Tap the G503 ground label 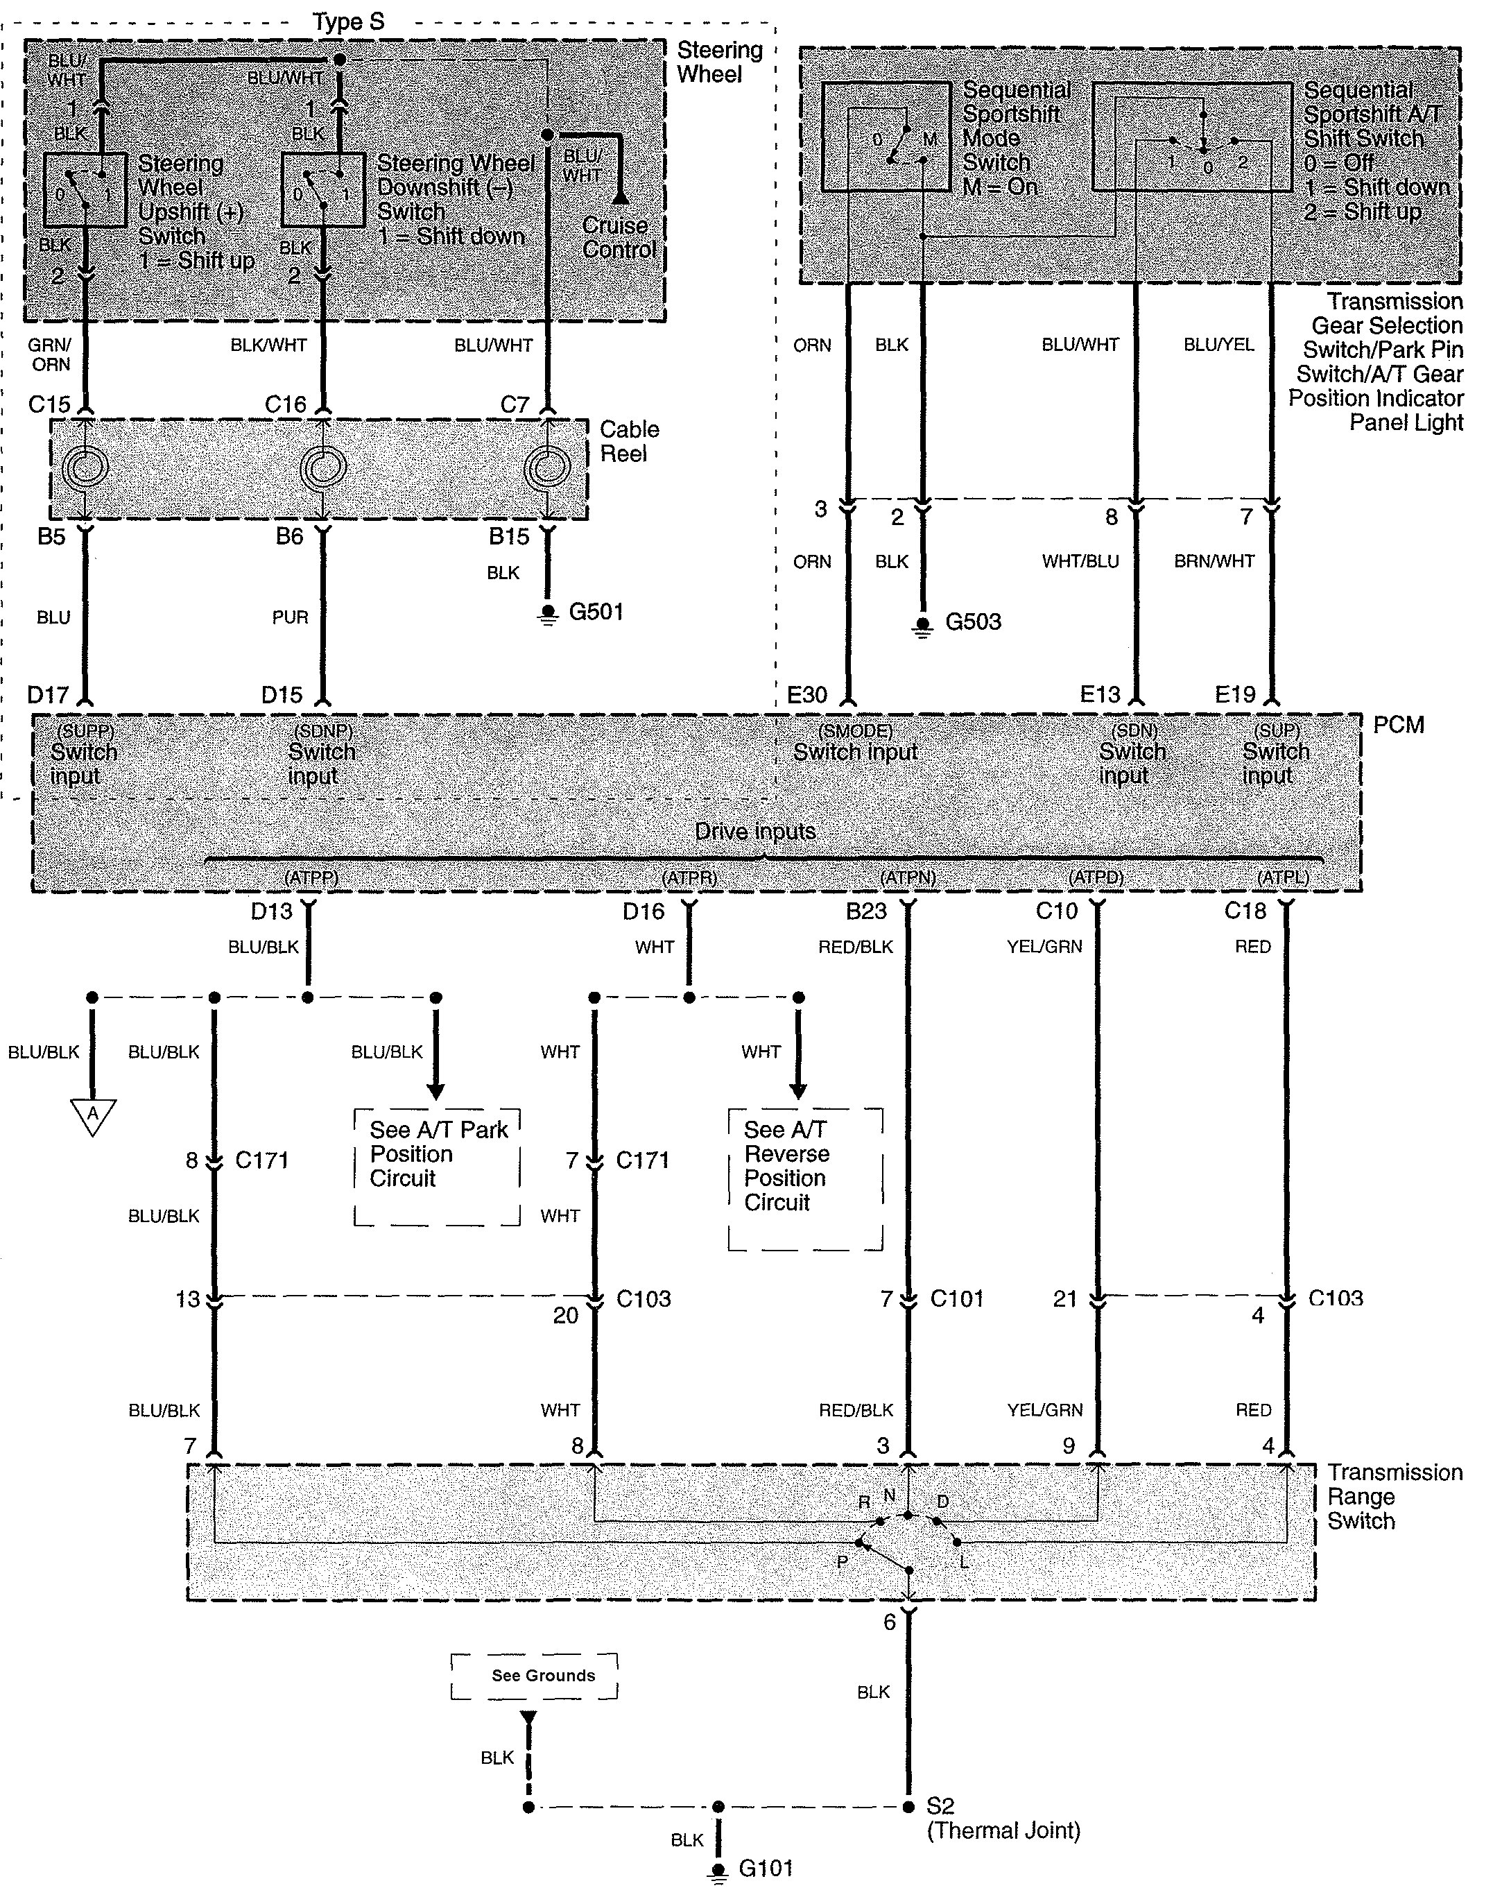click(x=973, y=621)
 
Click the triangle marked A click(x=92, y=1116)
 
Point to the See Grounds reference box click(x=535, y=1676)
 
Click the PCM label click(x=1398, y=725)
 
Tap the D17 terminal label click(x=49, y=695)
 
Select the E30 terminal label click(x=806, y=695)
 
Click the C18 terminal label click(x=1245, y=911)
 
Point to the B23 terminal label click(x=866, y=911)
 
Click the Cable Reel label click(x=629, y=442)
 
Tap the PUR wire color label click(x=290, y=617)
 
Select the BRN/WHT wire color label click(x=1214, y=561)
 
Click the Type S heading click(x=349, y=22)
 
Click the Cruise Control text click(x=619, y=237)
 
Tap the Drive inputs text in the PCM click(x=755, y=831)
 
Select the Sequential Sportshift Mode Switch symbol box click(x=886, y=137)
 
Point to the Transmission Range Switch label click(x=1395, y=1497)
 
